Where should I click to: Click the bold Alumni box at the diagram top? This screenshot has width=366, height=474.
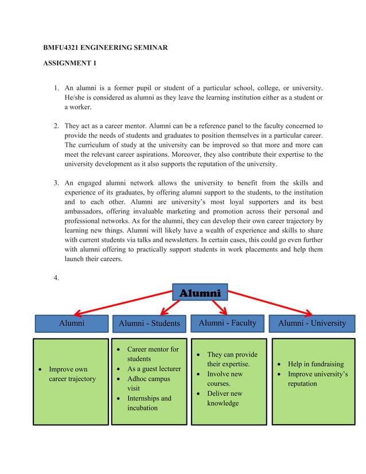pos(200,293)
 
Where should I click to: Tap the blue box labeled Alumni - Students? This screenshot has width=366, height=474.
pos(149,324)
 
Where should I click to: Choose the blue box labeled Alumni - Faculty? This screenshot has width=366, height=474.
pos(227,323)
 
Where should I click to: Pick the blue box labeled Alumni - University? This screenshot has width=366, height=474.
pos(312,323)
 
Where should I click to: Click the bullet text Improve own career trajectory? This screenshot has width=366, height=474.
pos(72,374)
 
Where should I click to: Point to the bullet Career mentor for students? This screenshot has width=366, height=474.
pos(152,353)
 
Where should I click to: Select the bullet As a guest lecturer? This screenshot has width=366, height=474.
pos(154,369)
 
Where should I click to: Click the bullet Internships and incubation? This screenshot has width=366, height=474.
pos(149,403)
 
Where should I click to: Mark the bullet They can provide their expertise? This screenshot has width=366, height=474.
pos(232,359)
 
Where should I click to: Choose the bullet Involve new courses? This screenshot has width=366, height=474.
pos(224,379)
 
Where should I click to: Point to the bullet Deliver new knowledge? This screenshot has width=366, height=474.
pos(224,398)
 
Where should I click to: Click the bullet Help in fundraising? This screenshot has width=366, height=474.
pos(316,364)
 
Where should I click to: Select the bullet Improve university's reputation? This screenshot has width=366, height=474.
pos(318,379)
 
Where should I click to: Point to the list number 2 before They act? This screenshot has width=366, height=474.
pos(56,125)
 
